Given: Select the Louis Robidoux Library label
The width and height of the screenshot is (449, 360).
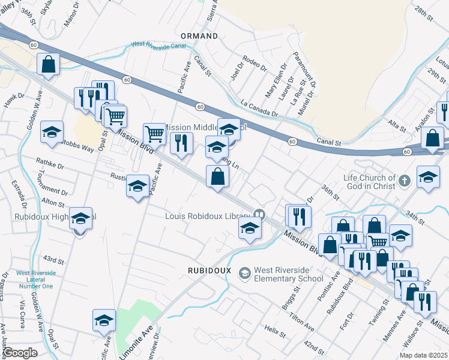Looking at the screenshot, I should click(209, 215).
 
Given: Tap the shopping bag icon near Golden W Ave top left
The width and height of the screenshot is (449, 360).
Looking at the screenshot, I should click(48, 64).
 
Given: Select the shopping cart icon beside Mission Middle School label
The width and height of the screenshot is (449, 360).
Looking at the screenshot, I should click(155, 134).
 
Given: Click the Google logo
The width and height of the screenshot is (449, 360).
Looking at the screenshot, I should click(20, 353).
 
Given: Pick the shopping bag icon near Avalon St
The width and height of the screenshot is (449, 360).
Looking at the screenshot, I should click(432, 137).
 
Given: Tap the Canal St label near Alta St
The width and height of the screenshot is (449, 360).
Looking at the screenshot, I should click(330, 143).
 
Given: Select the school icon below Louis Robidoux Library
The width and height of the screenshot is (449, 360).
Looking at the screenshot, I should click(250, 227).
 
